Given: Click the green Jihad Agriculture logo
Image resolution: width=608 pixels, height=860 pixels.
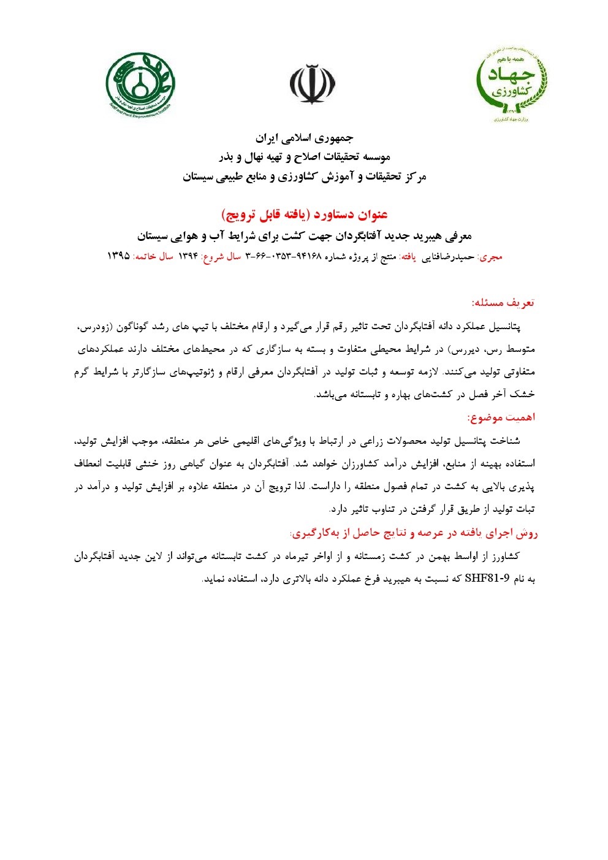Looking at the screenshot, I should [511, 84].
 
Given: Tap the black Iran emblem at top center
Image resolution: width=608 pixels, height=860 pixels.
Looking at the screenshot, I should [312, 84].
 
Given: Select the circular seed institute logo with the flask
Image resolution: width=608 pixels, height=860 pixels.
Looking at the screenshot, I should [140, 84].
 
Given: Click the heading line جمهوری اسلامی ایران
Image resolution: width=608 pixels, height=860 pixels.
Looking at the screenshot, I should [304, 137].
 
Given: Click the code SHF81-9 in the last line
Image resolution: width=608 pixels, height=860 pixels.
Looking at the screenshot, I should [488, 578].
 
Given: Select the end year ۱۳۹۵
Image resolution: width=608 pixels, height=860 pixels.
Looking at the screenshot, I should [118, 256].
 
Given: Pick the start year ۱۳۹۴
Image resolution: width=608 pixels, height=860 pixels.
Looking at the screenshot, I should [188, 256].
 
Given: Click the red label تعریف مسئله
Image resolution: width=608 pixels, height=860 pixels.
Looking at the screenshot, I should [503, 302].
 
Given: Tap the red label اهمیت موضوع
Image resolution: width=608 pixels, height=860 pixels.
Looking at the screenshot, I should [501, 417].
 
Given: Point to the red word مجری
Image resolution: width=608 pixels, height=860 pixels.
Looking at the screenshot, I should [490, 257].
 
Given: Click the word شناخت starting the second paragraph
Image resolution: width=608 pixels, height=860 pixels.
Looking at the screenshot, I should [506, 441].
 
